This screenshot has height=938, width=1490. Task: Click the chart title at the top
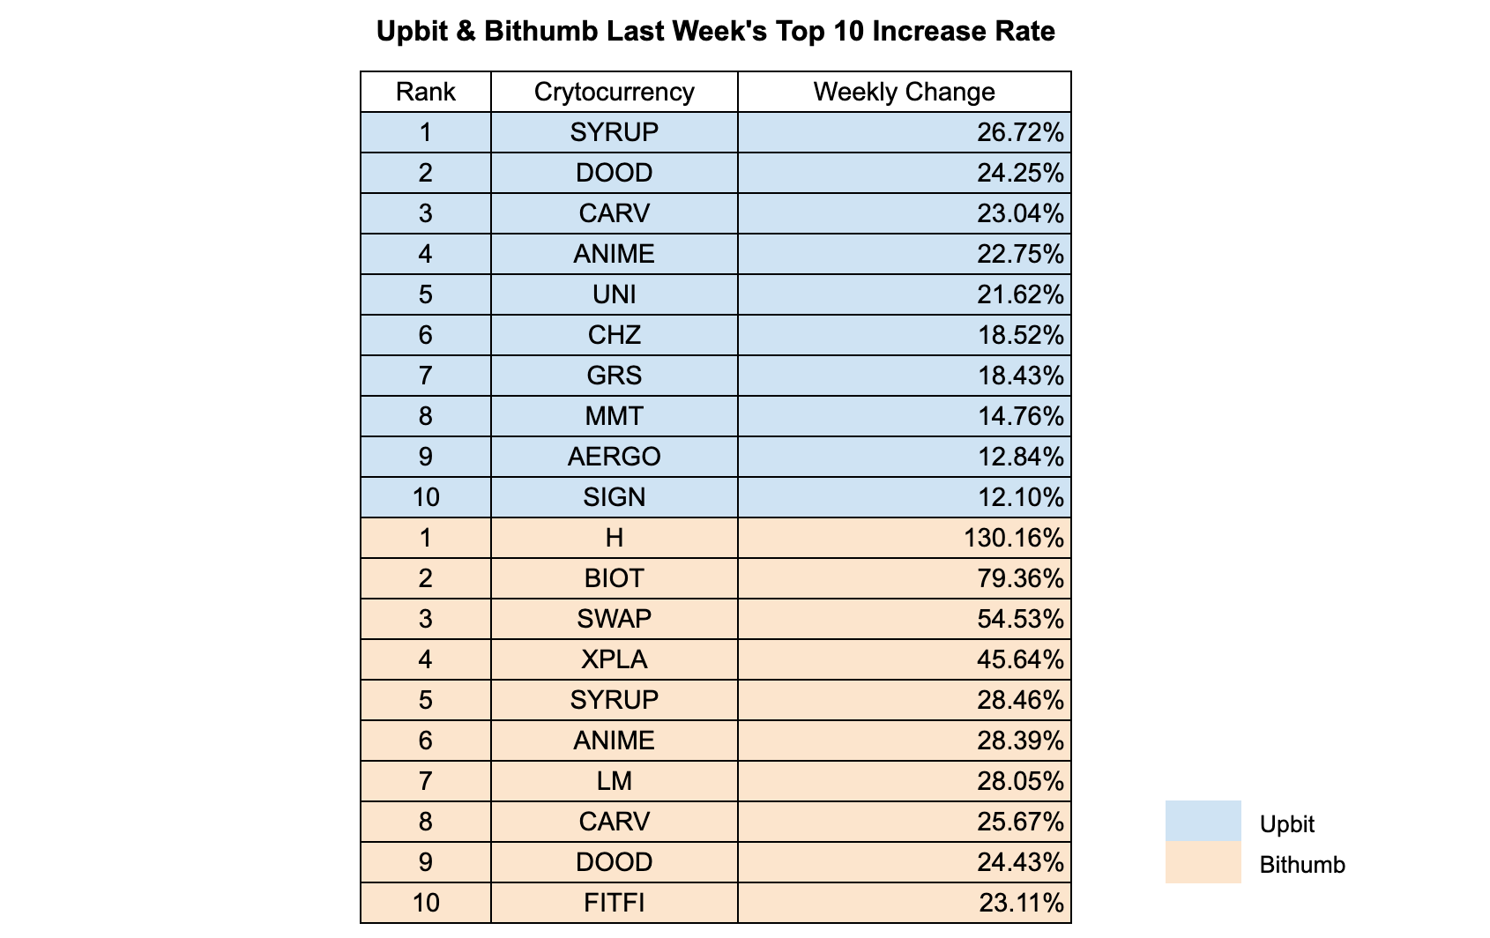(x=715, y=32)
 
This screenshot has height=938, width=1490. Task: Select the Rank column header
(x=425, y=92)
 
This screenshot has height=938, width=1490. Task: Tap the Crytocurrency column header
(x=614, y=92)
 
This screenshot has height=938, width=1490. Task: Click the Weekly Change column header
(x=904, y=92)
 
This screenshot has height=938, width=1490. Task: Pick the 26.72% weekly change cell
(x=1020, y=132)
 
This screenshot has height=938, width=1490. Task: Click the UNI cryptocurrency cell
(x=614, y=294)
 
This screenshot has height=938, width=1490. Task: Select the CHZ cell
(x=614, y=335)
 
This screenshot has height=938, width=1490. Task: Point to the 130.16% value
(x=1014, y=538)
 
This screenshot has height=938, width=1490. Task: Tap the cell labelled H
(x=614, y=538)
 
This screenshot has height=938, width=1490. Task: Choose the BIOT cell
(x=614, y=578)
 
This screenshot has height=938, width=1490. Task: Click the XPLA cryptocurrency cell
(x=614, y=659)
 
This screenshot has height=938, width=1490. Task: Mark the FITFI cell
(x=614, y=903)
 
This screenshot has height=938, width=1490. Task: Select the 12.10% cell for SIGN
(x=1020, y=497)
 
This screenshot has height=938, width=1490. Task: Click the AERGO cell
(x=614, y=457)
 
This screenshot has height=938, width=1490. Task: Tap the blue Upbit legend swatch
(x=1203, y=821)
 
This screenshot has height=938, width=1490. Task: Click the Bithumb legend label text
(x=1302, y=865)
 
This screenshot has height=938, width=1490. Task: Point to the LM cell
(x=614, y=781)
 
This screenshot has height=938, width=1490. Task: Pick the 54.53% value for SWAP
(x=1020, y=619)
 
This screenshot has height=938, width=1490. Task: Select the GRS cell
(x=614, y=376)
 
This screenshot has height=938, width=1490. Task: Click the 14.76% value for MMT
(x=1020, y=416)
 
